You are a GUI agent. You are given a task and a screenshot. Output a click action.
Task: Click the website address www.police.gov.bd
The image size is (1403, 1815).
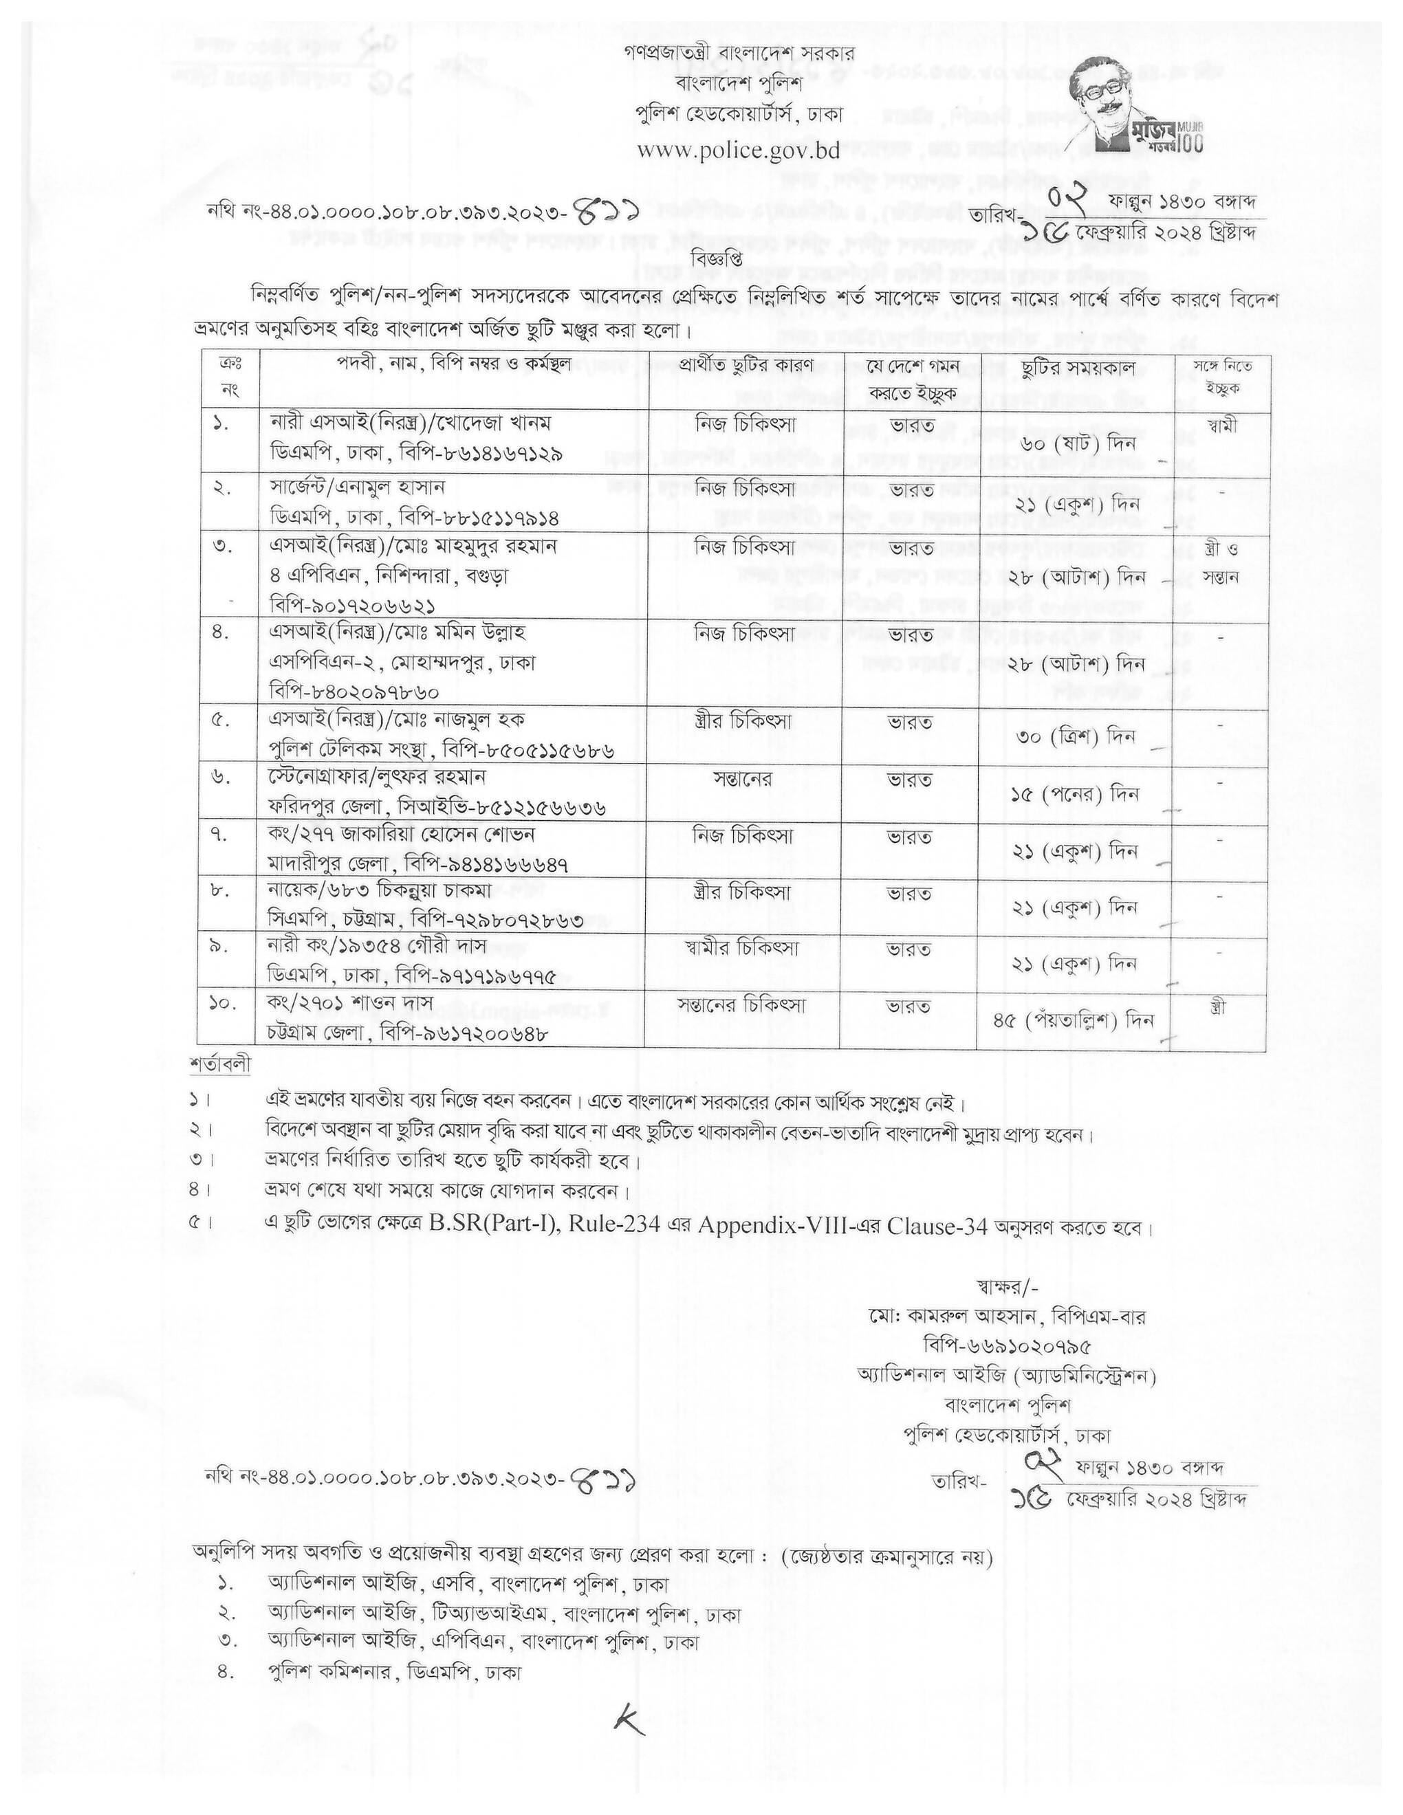[x=738, y=151]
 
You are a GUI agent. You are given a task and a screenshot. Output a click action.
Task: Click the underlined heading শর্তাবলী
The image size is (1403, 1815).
[x=219, y=1064]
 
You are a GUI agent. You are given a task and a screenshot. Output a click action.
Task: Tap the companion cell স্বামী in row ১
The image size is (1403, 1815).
[x=1217, y=426]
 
